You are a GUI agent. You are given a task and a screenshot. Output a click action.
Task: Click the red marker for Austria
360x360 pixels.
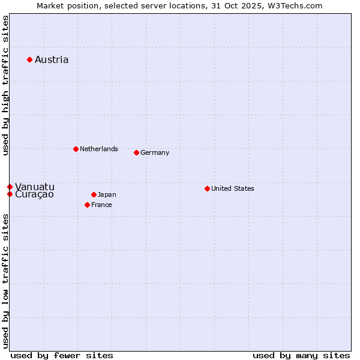click(29, 59)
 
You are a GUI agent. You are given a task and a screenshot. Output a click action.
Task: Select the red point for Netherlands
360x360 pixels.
click(76, 149)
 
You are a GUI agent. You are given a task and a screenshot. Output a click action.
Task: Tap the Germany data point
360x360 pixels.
click(136, 152)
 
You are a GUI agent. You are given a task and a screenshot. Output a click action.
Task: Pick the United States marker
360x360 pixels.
click(207, 188)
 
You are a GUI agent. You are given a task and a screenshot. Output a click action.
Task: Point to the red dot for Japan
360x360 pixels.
click(94, 194)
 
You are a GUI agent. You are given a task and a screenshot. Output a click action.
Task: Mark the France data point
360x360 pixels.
click(87, 205)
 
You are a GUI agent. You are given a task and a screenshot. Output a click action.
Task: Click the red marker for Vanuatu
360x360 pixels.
click(10, 187)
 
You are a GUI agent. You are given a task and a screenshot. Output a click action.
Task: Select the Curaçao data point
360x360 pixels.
click(10, 194)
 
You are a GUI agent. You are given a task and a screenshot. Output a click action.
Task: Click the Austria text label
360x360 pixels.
click(52, 59)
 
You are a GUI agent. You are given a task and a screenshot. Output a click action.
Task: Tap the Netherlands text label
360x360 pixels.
click(99, 149)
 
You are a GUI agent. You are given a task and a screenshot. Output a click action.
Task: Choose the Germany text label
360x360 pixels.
click(155, 152)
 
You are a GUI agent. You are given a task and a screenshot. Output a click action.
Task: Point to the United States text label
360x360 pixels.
click(233, 188)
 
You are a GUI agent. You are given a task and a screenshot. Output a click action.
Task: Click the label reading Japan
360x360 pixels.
click(107, 194)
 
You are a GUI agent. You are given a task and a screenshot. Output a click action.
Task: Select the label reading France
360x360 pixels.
click(101, 205)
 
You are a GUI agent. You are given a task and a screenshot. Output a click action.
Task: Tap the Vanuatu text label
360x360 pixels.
click(35, 187)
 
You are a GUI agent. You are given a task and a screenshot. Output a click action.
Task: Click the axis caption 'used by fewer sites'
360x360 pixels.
click(62, 355)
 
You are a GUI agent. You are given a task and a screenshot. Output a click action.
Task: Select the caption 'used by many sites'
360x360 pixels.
click(301, 355)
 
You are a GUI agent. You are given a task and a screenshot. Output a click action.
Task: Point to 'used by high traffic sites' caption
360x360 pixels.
click(5, 85)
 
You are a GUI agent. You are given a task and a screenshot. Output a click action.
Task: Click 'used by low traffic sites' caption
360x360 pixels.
click(5, 281)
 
